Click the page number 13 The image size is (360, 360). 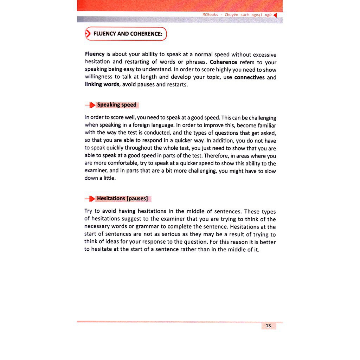(x=268, y=326)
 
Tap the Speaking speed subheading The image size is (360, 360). (x=117, y=105)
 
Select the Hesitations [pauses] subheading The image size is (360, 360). (x=122, y=199)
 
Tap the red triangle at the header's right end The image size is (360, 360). (x=275, y=15)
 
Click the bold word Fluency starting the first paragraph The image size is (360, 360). (x=95, y=54)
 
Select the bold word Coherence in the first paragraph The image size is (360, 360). (x=224, y=62)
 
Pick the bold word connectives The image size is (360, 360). (x=249, y=77)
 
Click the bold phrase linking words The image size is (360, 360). (x=102, y=85)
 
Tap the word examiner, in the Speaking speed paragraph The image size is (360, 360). (x=96, y=171)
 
